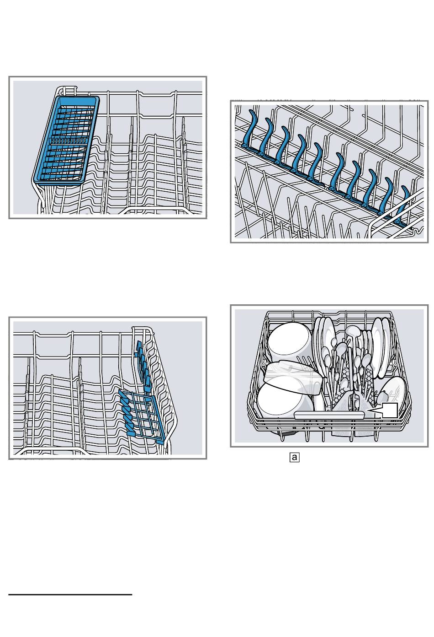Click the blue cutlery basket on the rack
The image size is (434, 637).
[66, 140]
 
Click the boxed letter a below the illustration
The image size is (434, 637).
[295, 457]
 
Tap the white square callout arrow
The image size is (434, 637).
[386, 410]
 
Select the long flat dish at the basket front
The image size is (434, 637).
[329, 415]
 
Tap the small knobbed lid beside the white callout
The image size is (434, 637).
[382, 395]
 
